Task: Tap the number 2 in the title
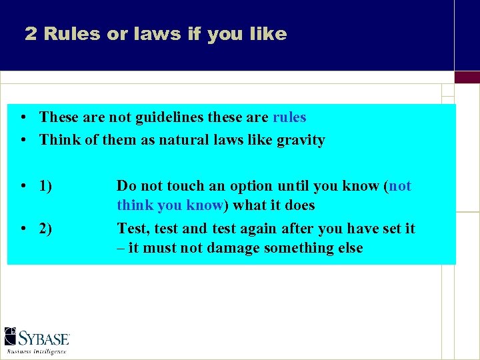pos(31,34)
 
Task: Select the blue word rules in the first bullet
pos(289,117)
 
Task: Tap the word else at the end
pos(351,248)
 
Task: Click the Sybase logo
pos(37,337)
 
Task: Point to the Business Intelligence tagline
pos(37,351)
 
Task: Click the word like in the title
pos(269,34)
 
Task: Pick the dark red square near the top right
pos(467,77)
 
